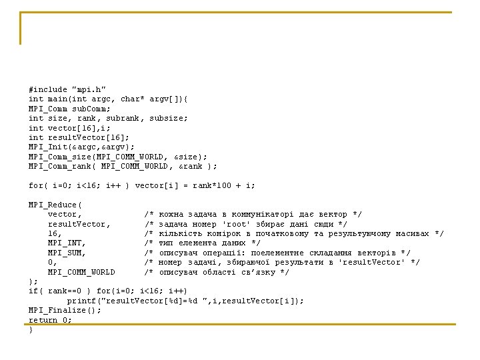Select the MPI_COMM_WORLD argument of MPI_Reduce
(81, 272)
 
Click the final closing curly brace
(31, 329)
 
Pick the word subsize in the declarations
(169, 118)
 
